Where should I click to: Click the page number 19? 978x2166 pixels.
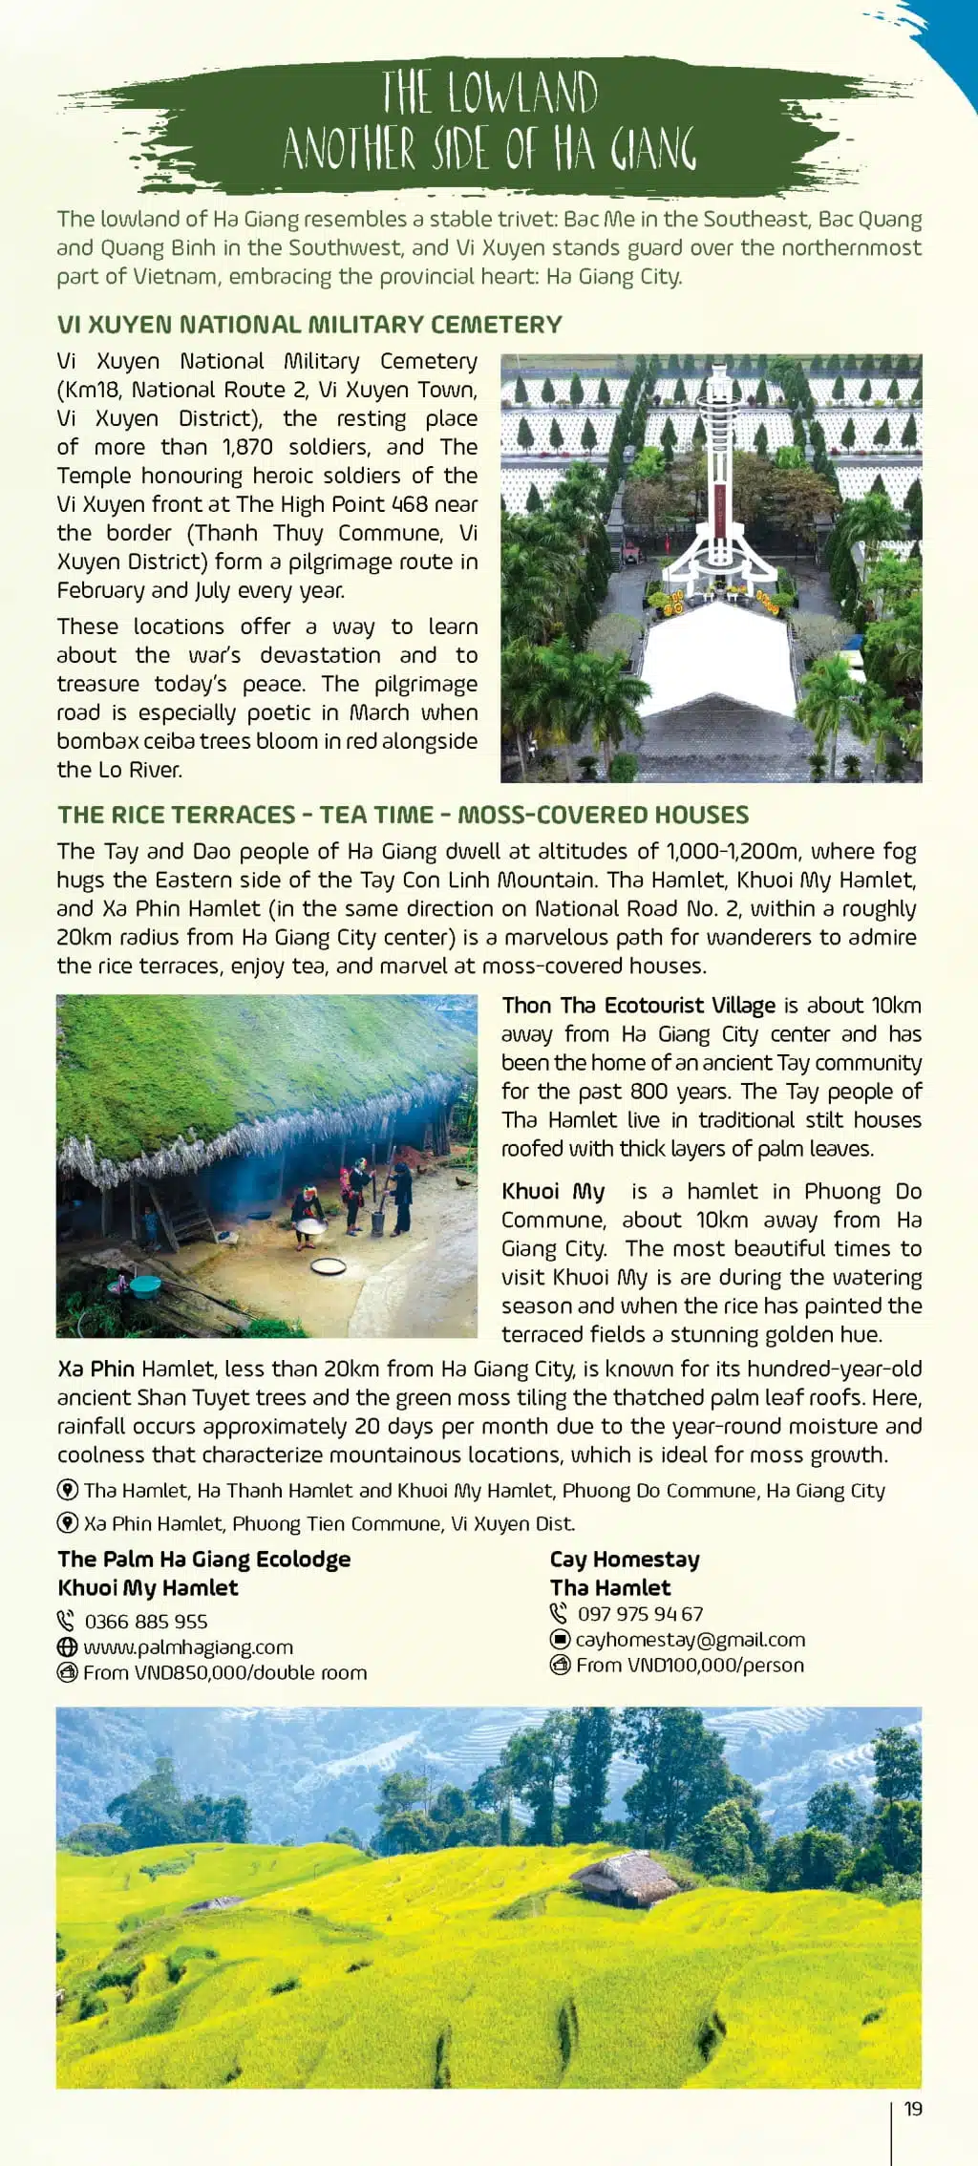tap(913, 2109)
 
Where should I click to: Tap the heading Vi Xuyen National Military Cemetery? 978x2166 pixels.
tap(309, 325)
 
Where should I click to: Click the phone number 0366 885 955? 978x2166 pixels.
tap(145, 1622)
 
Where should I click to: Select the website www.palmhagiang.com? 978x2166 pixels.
tap(188, 1647)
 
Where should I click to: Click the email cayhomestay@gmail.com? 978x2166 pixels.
tap(690, 1640)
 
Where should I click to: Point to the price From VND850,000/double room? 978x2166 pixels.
tap(224, 1673)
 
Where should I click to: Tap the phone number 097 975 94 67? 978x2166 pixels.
tap(640, 1614)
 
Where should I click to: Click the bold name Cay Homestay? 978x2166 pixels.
tap(625, 1560)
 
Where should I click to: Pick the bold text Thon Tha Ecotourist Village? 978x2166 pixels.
tap(639, 1006)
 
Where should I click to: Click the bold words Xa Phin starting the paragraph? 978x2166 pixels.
tap(96, 1369)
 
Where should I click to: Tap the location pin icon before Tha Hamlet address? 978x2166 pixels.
tap(68, 1490)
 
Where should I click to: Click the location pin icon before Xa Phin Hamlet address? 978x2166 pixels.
tap(68, 1523)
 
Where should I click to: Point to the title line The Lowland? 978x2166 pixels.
tap(490, 93)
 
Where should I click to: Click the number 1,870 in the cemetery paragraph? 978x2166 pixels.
tap(247, 447)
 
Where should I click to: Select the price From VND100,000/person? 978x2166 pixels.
tap(690, 1666)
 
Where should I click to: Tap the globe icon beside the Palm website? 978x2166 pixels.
tap(67, 1647)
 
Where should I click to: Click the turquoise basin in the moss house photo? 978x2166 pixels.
tap(144, 1285)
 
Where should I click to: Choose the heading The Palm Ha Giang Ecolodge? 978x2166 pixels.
tap(204, 1560)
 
